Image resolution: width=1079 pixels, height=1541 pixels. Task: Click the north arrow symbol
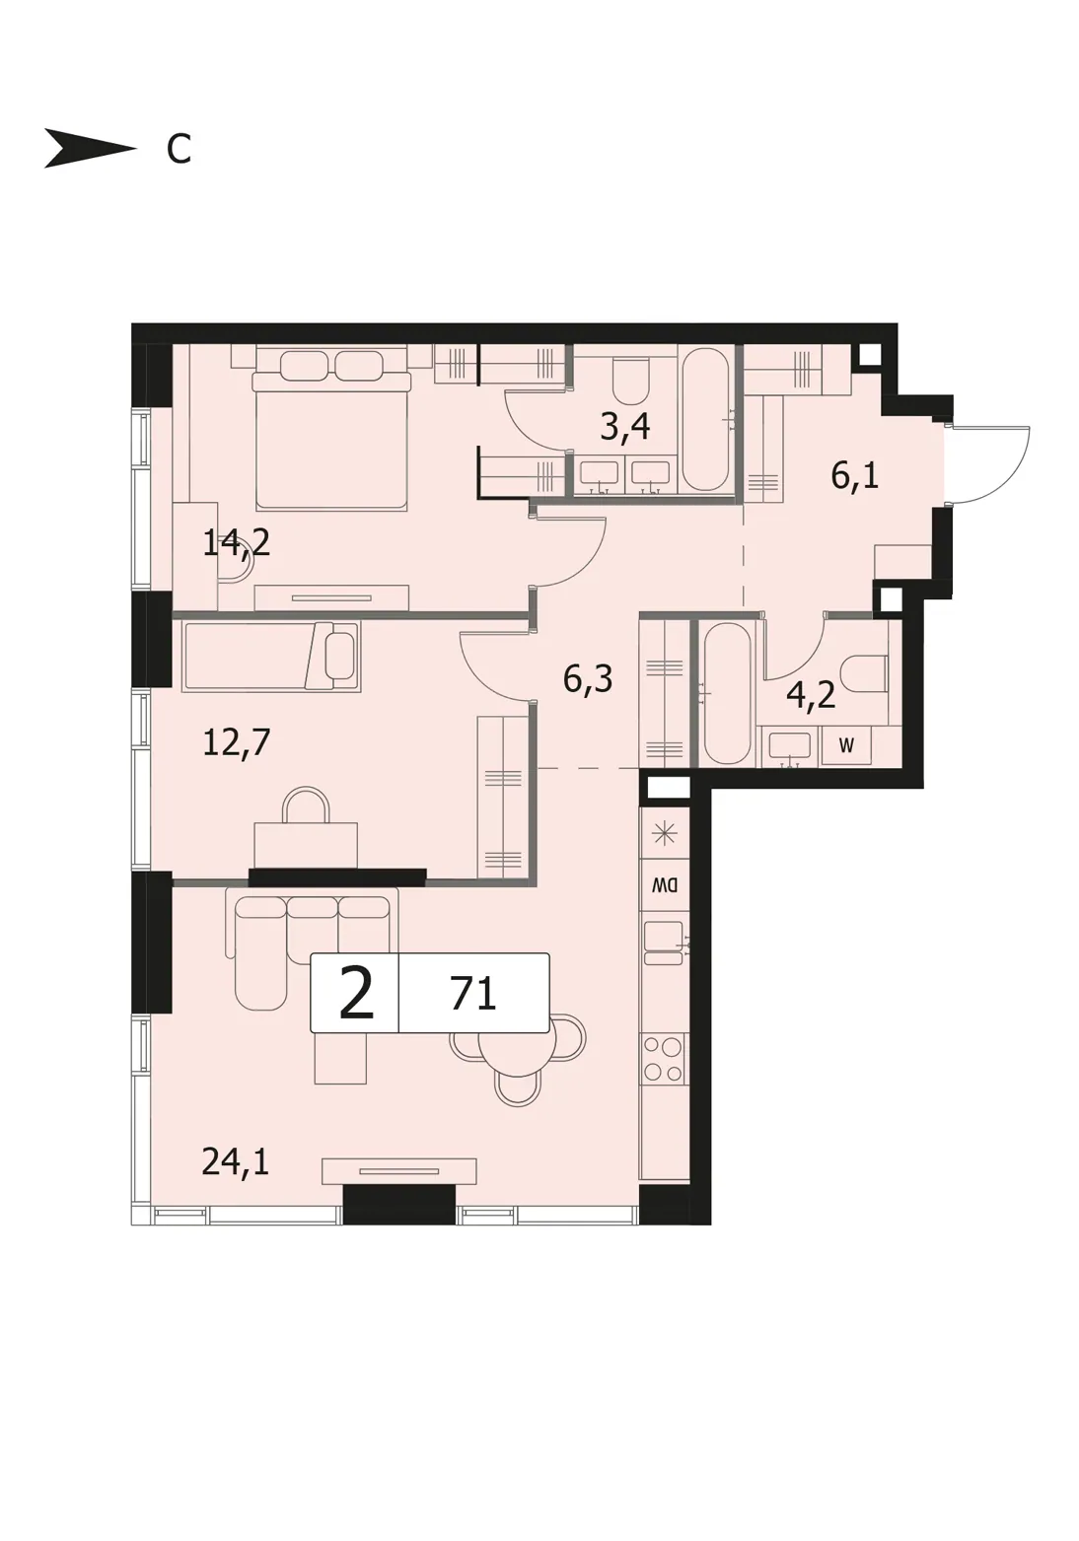(90, 148)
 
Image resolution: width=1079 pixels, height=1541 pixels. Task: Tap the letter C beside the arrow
(179, 149)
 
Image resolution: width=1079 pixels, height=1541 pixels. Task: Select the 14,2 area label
(237, 543)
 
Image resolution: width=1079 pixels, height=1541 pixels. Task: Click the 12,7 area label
(237, 742)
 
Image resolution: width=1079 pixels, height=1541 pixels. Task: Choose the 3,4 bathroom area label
(625, 428)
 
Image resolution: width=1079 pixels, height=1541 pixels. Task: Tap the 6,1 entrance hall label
(855, 475)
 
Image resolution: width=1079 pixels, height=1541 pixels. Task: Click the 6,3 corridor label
(588, 679)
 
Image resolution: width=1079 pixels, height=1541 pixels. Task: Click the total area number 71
(473, 994)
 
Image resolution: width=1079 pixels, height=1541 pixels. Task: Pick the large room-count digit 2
(357, 994)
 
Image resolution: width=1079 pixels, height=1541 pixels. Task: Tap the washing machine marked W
(846, 745)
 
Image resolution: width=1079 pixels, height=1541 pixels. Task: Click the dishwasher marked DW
(665, 884)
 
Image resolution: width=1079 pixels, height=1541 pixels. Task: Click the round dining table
(518, 1048)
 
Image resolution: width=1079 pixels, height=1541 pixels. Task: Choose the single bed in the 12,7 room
(270, 657)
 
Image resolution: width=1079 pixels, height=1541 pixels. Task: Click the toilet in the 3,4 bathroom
(629, 381)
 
